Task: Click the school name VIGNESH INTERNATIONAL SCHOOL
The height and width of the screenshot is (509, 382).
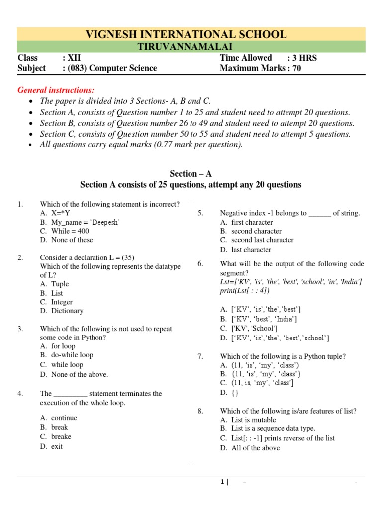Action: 186,34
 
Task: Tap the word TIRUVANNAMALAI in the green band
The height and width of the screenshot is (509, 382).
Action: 191,47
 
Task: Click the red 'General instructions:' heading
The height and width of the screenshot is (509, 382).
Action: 56,90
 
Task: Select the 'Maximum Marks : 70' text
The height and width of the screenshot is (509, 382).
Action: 260,68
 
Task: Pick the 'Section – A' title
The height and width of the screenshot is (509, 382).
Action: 191,174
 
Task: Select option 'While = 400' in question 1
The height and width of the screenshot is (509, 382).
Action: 70,231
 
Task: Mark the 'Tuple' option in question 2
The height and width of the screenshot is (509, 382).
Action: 60,284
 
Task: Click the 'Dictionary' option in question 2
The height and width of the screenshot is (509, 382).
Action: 67,311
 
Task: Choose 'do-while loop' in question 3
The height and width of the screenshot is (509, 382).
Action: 72,355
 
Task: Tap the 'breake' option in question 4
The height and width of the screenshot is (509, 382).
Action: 61,436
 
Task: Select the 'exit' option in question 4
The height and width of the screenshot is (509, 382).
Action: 57,446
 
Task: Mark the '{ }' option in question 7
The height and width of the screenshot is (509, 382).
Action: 235,392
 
